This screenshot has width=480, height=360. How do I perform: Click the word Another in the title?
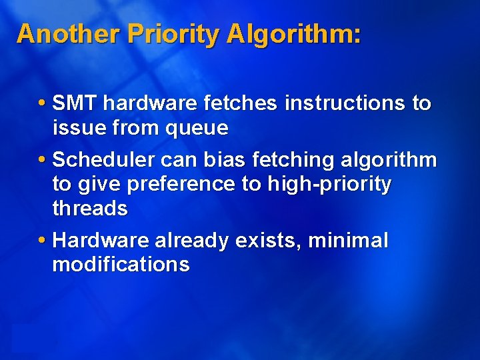[x=64, y=33]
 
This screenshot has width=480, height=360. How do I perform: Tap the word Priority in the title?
[x=170, y=33]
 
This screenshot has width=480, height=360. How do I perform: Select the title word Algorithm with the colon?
[x=294, y=33]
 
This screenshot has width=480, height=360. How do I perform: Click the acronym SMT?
[x=75, y=103]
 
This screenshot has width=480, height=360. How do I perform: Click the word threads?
[x=90, y=209]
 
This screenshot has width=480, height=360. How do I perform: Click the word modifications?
[x=121, y=265]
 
